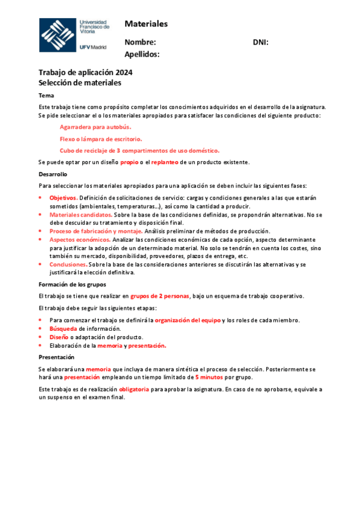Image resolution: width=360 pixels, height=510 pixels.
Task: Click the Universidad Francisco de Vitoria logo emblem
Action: (x=58, y=35)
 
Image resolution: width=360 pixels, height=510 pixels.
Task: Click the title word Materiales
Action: (x=146, y=24)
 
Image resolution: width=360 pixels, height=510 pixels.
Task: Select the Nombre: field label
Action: (x=140, y=42)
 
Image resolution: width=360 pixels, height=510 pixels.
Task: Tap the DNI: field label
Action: (x=260, y=42)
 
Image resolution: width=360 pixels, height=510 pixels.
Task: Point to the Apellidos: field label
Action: (x=142, y=54)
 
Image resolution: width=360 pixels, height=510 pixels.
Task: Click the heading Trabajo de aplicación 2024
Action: (x=85, y=73)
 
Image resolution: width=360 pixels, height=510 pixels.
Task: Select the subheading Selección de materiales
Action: (x=79, y=83)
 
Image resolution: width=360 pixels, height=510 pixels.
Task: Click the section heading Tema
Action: (x=46, y=96)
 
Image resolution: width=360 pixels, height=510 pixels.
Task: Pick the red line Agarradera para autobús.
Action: (x=95, y=127)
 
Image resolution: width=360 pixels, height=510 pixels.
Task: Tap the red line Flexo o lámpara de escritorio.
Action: (x=101, y=139)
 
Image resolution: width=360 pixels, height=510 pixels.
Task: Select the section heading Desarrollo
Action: (x=53, y=174)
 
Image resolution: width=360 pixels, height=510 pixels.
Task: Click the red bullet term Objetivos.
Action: (x=63, y=197)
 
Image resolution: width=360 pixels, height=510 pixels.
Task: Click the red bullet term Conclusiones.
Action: (x=68, y=264)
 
